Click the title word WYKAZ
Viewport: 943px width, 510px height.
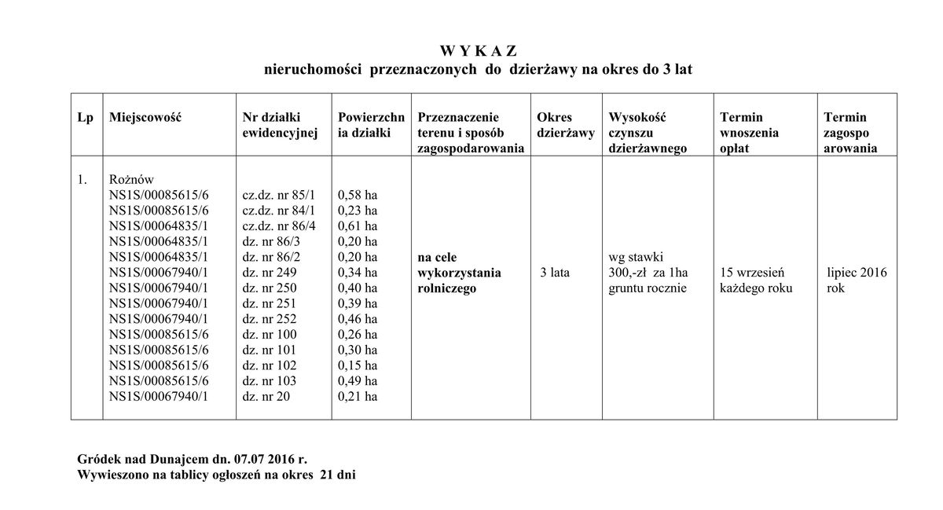[478, 52]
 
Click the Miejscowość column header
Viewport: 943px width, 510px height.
[146, 117]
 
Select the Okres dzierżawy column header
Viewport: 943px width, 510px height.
[565, 125]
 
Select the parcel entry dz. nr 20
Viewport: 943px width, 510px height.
[266, 397]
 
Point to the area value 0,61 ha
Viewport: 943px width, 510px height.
[357, 226]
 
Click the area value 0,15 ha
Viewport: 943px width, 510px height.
[357, 365]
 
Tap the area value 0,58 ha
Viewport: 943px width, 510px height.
[357, 194]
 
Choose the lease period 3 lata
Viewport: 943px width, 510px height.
[555, 273]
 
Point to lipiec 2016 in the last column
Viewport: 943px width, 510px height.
[857, 273]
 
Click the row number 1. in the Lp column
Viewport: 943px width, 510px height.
[83, 179]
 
